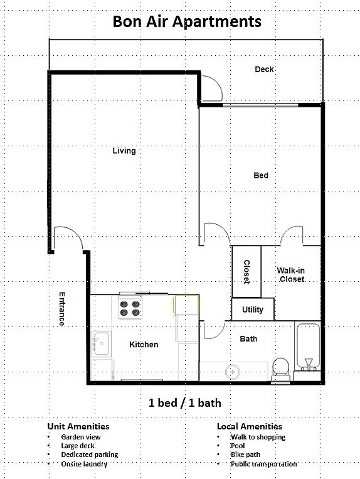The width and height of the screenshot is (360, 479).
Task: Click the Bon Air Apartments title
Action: (187, 22)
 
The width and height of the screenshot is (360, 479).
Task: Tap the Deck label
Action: (264, 69)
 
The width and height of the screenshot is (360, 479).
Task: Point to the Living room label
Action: (124, 151)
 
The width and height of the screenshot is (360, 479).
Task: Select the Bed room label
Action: (261, 175)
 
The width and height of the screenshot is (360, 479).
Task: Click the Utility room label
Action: (253, 309)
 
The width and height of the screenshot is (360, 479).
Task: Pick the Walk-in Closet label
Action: (291, 274)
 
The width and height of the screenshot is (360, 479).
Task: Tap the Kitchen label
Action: (144, 345)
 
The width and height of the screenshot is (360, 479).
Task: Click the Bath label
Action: (248, 339)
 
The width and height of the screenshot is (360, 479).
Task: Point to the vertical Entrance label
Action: (62, 309)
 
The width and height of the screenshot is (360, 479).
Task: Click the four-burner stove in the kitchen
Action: (130, 308)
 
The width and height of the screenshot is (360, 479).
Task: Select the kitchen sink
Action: (102, 344)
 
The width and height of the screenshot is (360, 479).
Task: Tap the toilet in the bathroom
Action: (281, 370)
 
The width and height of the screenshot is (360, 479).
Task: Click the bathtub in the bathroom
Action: (308, 347)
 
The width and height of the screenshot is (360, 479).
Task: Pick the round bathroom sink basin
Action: (233, 372)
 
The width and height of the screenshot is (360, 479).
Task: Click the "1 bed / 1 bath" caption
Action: (185, 403)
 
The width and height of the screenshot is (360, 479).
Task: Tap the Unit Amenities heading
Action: (78, 426)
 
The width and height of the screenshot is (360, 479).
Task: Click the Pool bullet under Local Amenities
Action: (238, 446)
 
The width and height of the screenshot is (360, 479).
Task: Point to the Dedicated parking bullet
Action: (90, 455)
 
